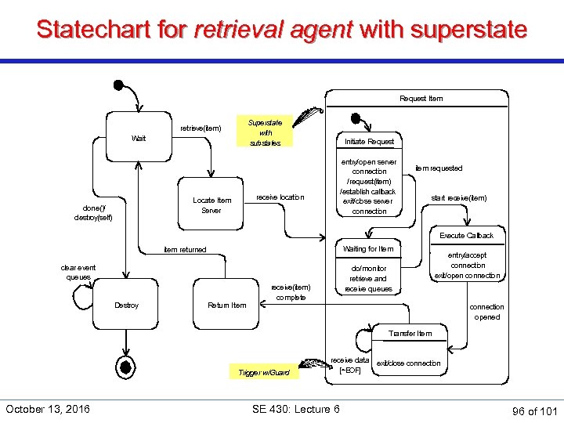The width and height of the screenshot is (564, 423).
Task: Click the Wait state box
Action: point(139,138)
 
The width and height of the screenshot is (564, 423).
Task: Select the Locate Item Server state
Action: point(211,205)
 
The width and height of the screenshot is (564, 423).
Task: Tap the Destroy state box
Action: point(126,305)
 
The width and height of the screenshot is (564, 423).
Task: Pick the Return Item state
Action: point(227,305)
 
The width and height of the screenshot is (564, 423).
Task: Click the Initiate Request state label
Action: point(370,141)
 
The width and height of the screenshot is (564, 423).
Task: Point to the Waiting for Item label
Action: point(369,249)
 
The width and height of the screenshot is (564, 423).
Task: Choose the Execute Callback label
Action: point(467,235)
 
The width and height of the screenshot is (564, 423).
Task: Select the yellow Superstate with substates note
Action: point(266,132)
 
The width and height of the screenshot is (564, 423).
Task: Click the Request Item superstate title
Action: point(421,98)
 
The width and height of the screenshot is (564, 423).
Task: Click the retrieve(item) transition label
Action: point(201,128)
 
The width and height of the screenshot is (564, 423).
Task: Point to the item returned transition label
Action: point(185,249)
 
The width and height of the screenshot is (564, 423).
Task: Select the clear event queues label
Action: point(78,272)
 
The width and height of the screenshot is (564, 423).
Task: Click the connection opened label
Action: point(486,312)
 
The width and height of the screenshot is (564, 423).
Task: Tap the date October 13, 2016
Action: point(48,408)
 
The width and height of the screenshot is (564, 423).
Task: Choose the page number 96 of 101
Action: point(533,410)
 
